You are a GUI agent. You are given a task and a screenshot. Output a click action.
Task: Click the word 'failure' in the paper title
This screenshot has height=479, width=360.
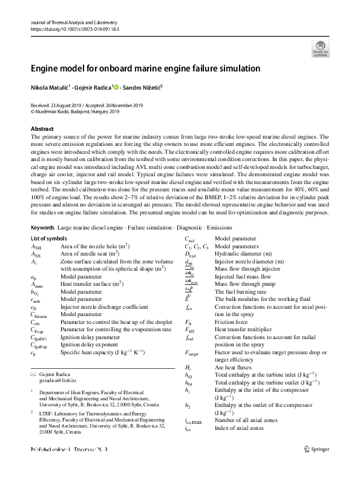tap(207, 68)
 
